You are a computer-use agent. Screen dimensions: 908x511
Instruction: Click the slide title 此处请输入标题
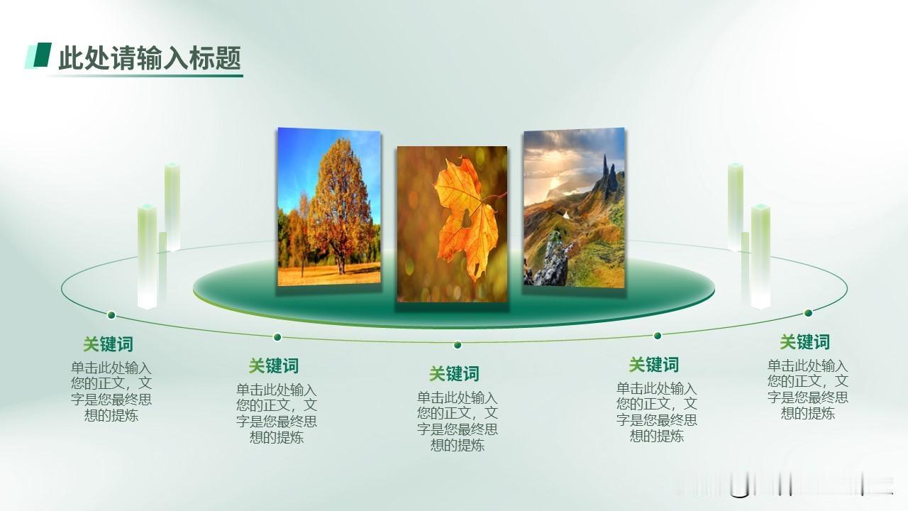[x=150, y=57]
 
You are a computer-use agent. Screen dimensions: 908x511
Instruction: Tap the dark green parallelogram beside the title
[x=43, y=55]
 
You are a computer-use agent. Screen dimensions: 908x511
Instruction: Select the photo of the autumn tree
[x=328, y=207]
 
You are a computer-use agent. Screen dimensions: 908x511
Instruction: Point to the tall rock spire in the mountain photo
[x=606, y=175]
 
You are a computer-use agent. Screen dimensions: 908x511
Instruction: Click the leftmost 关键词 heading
[x=108, y=344]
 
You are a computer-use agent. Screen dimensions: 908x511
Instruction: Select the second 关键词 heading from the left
[x=274, y=366]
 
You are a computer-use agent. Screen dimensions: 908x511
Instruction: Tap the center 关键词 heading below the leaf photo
[x=454, y=373]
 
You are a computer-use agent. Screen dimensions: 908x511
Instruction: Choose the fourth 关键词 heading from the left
[x=653, y=365]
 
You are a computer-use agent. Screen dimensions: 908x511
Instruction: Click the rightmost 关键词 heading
[x=804, y=342]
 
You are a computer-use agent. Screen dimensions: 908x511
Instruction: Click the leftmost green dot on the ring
[x=111, y=315]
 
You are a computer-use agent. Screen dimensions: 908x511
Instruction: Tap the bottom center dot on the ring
[x=458, y=345]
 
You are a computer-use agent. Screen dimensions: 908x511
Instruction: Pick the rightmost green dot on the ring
[x=808, y=313]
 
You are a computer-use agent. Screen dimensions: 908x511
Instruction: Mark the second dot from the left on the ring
[x=277, y=337]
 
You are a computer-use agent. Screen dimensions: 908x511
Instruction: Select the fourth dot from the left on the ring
[x=658, y=336]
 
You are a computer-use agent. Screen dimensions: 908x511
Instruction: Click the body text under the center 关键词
[x=458, y=422]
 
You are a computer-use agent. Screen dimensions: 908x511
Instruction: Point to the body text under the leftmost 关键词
[x=111, y=391]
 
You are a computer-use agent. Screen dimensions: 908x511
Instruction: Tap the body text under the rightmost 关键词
[x=807, y=390]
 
